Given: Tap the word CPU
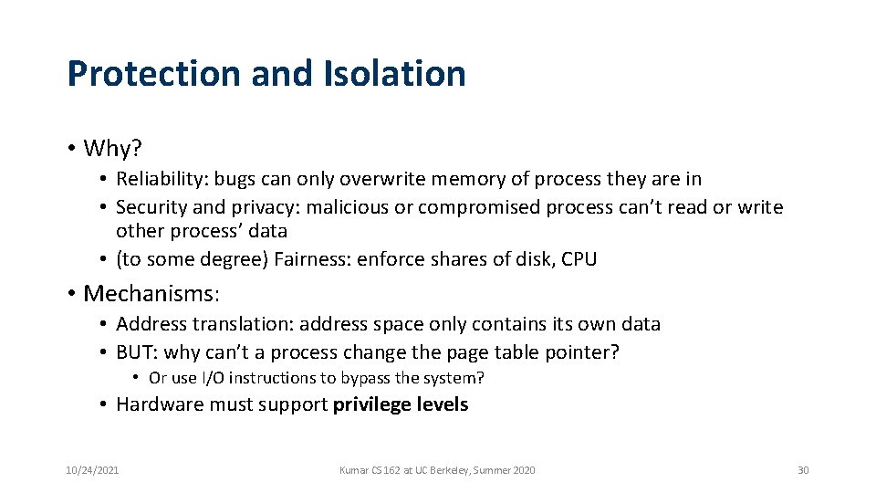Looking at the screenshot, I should click(x=579, y=259).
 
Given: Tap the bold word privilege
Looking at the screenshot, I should click(x=372, y=404).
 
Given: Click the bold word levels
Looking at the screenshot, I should click(x=443, y=404).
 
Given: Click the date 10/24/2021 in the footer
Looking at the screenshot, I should click(x=91, y=470).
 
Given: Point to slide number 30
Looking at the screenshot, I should click(x=803, y=470).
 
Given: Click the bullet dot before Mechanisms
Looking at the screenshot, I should click(x=71, y=294).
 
